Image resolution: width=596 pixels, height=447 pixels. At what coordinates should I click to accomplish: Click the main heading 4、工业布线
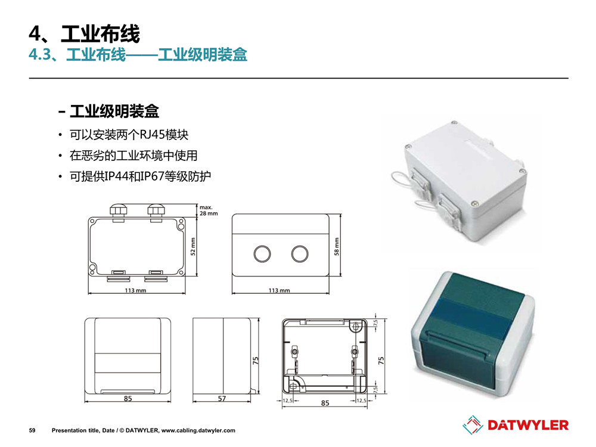(x=85, y=33)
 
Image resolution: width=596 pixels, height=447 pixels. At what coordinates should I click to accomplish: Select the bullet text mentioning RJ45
(x=129, y=135)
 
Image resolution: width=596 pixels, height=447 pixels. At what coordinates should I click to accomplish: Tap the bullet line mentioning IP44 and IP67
(x=140, y=176)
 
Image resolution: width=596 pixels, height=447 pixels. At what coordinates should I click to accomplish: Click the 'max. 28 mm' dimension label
(x=209, y=210)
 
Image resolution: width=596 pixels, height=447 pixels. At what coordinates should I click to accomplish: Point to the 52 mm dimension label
(x=193, y=246)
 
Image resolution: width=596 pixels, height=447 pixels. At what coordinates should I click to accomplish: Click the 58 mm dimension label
(x=336, y=246)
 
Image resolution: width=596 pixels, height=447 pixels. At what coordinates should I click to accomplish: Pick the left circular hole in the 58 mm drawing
(x=262, y=253)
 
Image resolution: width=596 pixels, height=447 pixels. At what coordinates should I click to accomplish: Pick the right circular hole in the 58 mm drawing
(x=300, y=253)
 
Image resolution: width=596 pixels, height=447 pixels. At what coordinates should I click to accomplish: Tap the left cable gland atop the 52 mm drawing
(x=119, y=212)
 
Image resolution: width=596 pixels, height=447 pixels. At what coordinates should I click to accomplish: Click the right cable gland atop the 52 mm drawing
(x=156, y=212)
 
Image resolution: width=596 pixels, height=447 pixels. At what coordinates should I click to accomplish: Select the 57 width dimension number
(x=222, y=398)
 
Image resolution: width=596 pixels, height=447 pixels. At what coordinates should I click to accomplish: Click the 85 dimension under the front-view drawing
(x=128, y=398)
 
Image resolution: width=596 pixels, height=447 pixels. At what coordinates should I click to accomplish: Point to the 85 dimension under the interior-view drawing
(x=325, y=403)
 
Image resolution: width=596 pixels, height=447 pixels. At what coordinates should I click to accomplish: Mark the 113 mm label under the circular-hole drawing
(x=279, y=290)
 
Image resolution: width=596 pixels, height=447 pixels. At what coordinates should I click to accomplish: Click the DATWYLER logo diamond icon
(x=473, y=425)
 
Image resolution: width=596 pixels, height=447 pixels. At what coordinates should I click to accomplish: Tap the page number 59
(x=32, y=430)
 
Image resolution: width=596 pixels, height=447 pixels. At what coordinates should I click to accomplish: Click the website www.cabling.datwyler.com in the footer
(x=198, y=430)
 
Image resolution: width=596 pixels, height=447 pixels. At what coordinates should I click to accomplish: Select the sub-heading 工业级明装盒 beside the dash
(x=114, y=111)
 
